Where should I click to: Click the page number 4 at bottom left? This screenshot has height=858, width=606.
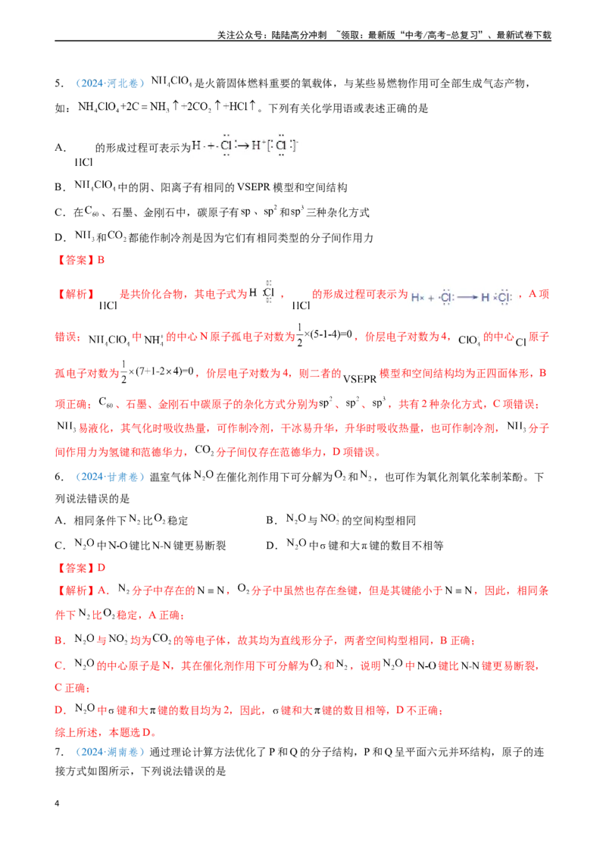[57, 803]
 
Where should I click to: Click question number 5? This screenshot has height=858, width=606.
[59, 83]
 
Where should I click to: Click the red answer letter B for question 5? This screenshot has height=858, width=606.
[101, 260]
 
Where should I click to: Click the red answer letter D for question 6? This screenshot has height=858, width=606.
[102, 568]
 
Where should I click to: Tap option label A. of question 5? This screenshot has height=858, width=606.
[60, 148]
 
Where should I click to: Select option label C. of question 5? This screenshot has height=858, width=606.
[60, 212]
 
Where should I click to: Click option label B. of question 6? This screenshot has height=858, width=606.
[272, 521]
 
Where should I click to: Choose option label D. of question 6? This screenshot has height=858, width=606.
[272, 546]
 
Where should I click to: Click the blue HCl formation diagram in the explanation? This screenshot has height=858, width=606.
[462, 297]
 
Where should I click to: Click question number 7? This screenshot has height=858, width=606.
[59, 752]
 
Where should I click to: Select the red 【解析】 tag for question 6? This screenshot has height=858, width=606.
[75, 590]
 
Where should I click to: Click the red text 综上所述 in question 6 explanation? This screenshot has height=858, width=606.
[77, 732]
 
